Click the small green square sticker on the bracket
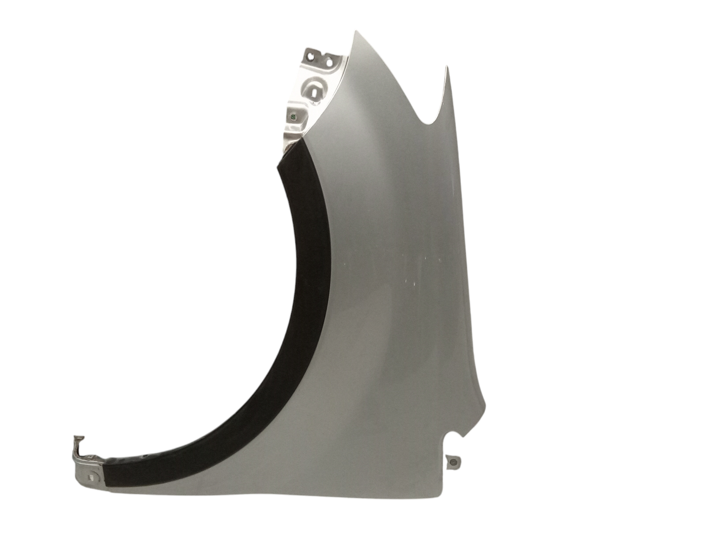coord(293,117)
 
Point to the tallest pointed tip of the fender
coord(356,32)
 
